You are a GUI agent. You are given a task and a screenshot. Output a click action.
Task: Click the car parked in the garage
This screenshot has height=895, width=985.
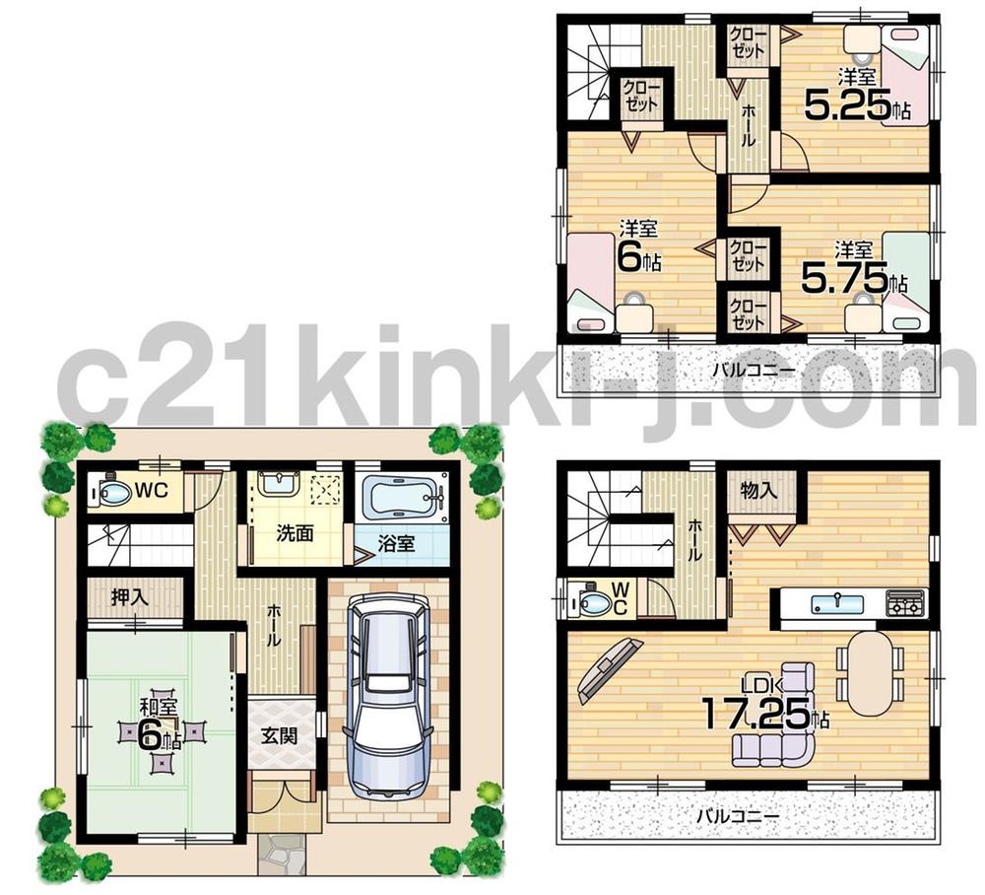coord(387,701)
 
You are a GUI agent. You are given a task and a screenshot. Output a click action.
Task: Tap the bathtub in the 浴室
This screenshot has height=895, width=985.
coord(404,497)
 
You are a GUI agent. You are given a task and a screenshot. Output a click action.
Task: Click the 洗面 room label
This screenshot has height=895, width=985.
coord(295,533)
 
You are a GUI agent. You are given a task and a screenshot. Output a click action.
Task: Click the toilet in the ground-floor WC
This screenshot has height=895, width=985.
coord(112,492)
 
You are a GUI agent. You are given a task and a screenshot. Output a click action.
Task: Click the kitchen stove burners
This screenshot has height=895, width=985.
coord(905,601)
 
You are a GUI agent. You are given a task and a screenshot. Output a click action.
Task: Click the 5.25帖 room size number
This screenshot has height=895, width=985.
coord(847,103)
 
